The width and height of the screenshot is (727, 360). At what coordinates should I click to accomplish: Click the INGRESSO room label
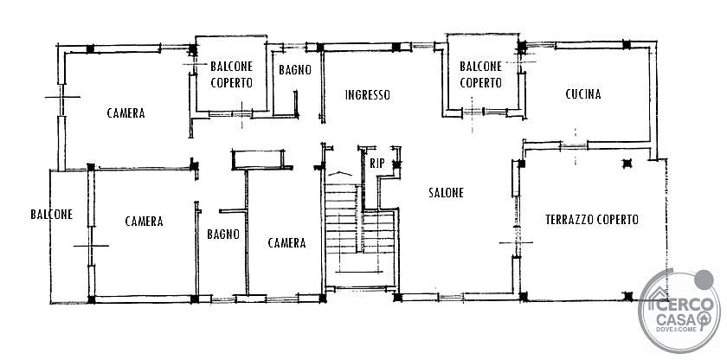coord(368,95)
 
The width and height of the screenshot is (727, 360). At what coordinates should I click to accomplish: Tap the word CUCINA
coord(583,94)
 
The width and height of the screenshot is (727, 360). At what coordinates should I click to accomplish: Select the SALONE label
coord(446,193)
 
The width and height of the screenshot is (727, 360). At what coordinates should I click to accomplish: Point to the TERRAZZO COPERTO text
coord(592,220)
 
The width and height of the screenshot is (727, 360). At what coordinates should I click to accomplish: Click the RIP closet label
coord(376,163)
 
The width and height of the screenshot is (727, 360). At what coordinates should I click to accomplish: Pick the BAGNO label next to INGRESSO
coord(295,70)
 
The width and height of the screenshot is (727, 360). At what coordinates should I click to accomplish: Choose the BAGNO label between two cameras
coord(223,234)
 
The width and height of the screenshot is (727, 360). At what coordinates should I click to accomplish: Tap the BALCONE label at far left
coord(51,215)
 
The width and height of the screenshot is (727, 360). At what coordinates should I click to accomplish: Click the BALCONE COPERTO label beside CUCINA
coord(481,74)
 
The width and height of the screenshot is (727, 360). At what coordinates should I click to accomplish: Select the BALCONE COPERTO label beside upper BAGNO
coord(231,74)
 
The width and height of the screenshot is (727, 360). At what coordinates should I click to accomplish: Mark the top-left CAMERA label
coord(125,113)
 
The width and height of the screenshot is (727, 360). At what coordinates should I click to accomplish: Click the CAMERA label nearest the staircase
coord(287,243)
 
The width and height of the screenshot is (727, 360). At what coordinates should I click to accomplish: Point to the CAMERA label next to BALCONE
coord(145,222)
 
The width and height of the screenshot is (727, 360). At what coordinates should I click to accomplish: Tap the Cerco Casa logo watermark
coord(679,311)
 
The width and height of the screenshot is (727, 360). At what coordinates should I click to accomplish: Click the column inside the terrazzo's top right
coord(627,163)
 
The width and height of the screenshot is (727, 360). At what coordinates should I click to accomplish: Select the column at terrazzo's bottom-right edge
coord(627,296)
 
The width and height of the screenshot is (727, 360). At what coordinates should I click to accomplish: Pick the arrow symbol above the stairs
coord(340,173)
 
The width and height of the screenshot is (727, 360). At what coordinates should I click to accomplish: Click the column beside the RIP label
coord(396,164)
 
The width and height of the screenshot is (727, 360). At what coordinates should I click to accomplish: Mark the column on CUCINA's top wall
coord(627,45)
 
